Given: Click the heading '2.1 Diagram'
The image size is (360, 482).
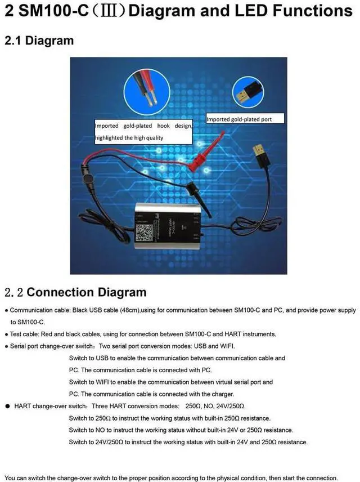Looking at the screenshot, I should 39,41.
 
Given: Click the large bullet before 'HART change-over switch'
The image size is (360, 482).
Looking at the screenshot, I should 7,406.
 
